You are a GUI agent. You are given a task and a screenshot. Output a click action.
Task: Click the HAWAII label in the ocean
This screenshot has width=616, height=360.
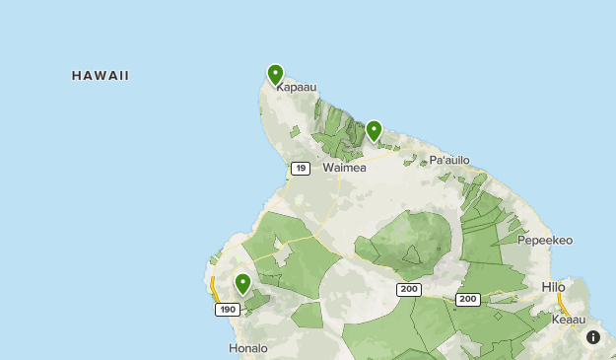point(101,76)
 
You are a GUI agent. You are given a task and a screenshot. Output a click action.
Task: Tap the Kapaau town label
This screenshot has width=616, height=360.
point(296,88)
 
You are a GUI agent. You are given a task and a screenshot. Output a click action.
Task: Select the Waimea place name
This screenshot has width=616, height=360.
point(344,168)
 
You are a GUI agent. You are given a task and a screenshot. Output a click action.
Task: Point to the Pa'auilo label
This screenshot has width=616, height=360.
point(449,160)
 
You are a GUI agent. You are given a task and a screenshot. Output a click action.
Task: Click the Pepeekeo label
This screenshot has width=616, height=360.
point(544,240)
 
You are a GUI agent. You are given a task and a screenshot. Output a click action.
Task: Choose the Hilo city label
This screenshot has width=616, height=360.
point(554,287)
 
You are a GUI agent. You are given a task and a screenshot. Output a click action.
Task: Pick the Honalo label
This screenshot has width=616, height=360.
point(247,348)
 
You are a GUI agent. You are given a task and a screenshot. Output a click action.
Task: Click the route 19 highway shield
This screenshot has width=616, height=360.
point(301,169)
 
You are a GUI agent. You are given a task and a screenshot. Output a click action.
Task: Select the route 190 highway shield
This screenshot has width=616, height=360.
point(227,310)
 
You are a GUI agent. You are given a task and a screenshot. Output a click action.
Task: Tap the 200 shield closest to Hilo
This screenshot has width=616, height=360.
point(467,299)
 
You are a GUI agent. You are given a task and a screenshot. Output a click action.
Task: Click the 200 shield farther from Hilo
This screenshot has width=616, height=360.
point(409,289)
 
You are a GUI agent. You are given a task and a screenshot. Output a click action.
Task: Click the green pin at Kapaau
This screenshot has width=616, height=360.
point(275,74)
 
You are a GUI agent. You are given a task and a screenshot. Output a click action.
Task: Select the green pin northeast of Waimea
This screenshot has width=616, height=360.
point(374,130)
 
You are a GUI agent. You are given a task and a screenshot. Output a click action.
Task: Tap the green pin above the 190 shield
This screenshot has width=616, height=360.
point(242,284)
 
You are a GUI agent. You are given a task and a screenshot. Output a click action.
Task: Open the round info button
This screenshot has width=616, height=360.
point(593,337)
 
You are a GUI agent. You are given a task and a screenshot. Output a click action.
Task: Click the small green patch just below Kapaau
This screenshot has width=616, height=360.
point(295,130)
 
